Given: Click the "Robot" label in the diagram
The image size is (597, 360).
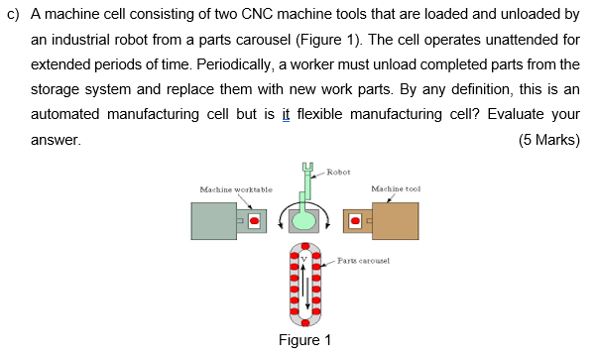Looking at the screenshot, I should coord(339,173).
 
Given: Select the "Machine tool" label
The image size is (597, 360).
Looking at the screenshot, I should coord(396,188).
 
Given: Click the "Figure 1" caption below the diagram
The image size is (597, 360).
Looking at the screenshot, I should coord(305,340).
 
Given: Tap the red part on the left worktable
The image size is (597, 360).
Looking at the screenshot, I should coord(255,220).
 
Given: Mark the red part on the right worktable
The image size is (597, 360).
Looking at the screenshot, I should coord(355,220).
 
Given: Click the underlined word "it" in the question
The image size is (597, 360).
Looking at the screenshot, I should coord(285,116).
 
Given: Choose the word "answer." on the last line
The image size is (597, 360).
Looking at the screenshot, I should coord(56,140).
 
